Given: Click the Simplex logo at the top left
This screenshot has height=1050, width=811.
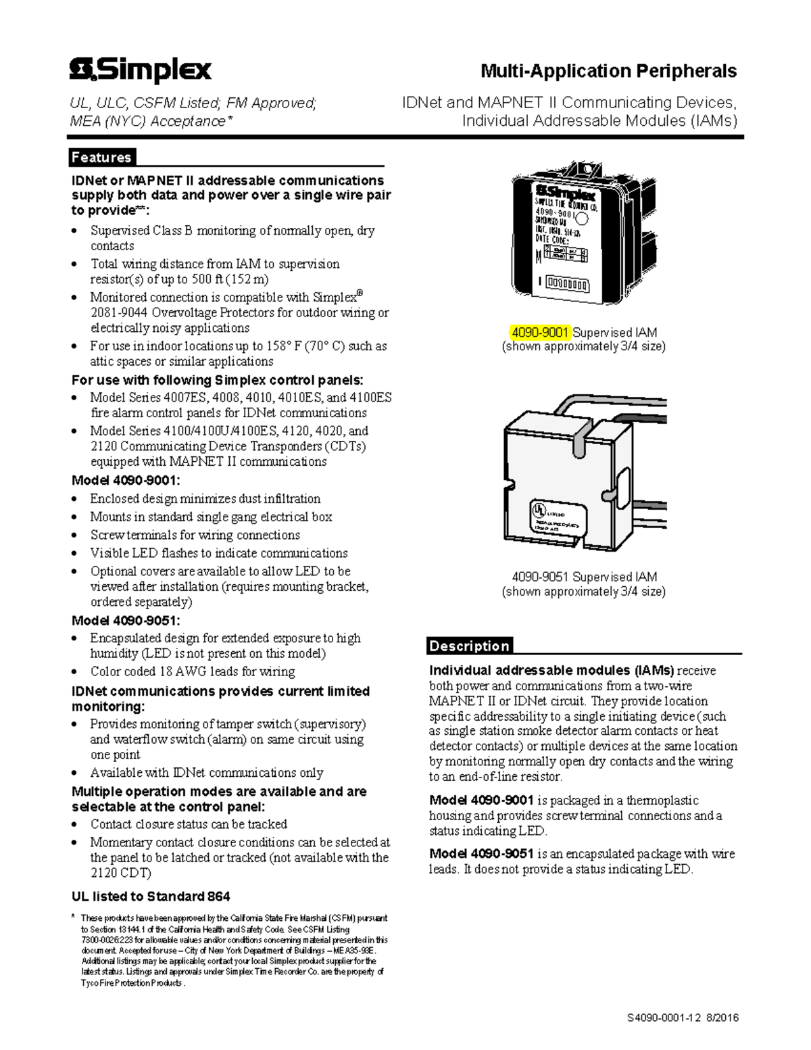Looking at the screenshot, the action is [x=141, y=70].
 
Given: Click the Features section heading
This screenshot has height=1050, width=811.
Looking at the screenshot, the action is [x=101, y=158].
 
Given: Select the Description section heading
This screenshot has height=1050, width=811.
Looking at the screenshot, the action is [x=469, y=646].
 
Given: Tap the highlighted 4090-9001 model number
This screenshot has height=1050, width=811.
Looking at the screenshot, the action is [x=541, y=332].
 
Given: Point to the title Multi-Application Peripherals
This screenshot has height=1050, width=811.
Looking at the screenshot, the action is [x=608, y=71].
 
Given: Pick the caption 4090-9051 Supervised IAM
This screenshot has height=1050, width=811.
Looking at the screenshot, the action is [x=584, y=577].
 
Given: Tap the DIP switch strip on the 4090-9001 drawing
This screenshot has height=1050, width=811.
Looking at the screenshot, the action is [x=567, y=283].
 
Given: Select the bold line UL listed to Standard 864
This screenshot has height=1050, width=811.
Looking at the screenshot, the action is [x=151, y=897].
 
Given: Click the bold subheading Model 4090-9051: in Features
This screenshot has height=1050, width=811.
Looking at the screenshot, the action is [x=126, y=620].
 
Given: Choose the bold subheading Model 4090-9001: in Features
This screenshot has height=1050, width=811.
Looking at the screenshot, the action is [x=126, y=481].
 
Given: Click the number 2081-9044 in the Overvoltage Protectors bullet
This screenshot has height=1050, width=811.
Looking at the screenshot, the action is [x=119, y=312].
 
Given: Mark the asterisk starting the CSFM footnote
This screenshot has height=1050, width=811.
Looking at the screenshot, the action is [x=74, y=917].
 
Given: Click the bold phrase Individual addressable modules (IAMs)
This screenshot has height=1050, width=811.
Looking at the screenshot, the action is [x=551, y=671].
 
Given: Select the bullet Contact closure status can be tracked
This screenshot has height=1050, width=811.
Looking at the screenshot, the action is [x=189, y=824].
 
